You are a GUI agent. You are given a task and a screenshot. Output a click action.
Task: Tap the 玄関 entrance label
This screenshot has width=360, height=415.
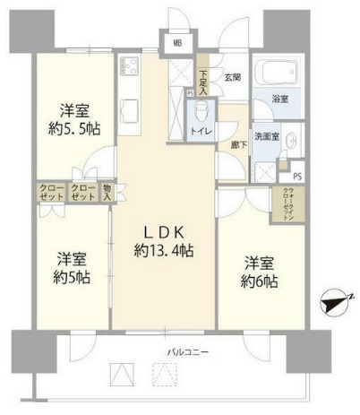[x=233, y=77]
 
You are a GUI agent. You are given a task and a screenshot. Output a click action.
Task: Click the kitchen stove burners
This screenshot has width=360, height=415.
[x=127, y=67]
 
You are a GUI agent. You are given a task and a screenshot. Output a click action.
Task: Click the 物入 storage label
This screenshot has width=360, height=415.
[x=107, y=191]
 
